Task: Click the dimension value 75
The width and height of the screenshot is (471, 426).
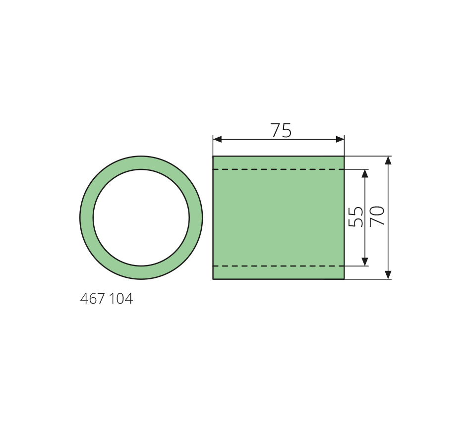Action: pyautogui.click(x=281, y=130)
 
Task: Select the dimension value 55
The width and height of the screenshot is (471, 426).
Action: pyautogui.click(x=355, y=217)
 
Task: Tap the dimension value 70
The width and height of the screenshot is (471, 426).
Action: pyautogui.click(x=377, y=216)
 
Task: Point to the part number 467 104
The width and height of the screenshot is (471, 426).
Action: pyautogui.click(x=106, y=299)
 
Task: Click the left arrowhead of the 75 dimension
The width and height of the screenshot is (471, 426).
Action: pyautogui.click(x=217, y=139)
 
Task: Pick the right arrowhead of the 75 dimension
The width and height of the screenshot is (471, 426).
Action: pyautogui.click(x=340, y=139)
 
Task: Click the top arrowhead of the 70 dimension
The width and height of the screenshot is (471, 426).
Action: pyautogui.click(x=388, y=160)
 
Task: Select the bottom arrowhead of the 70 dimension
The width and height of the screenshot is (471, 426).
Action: pyautogui.click(x=388, y=275)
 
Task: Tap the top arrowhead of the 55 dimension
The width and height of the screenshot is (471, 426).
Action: pyautogui.click(x=365, y=174)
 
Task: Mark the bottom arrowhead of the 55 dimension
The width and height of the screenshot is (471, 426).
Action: pyautogui.click(x=365, y=262)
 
